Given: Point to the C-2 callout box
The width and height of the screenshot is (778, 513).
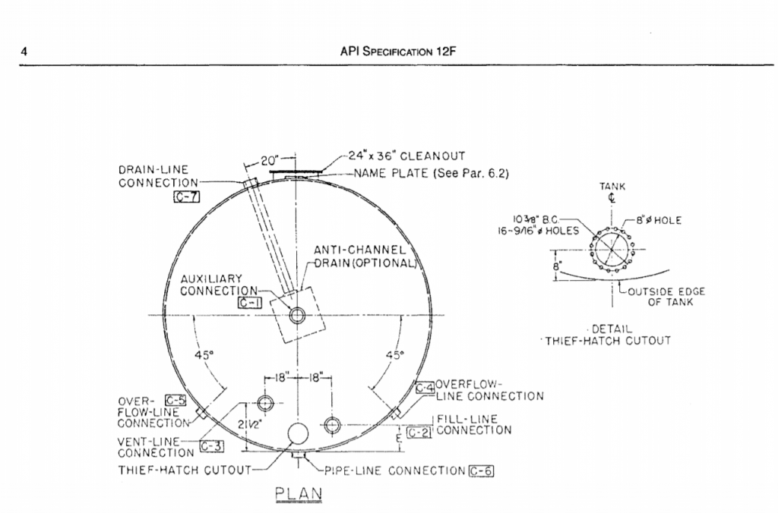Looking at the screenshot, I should [x=419, y=433].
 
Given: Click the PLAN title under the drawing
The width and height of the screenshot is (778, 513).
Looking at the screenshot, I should [x=299, y=493].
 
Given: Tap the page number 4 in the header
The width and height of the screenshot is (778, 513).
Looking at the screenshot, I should [x=25, y=53].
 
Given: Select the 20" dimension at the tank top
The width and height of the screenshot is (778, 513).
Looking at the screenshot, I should [x=269, y=161].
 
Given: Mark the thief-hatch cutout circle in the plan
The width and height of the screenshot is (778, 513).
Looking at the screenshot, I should [x=297, y=436].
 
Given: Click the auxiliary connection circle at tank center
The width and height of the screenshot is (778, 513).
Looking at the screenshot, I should [x=297, y=314].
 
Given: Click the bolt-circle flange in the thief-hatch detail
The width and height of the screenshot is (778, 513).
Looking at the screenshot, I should [x=612, y=247].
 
